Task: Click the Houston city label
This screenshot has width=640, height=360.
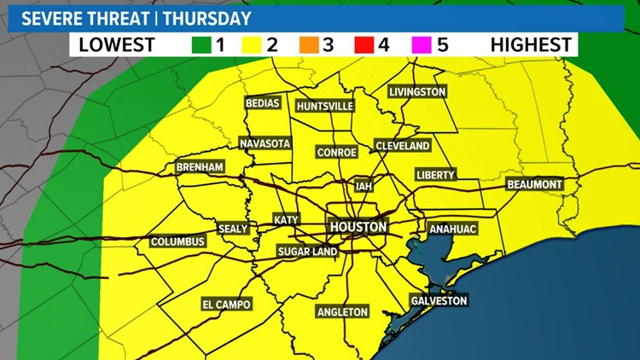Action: click(358, 227)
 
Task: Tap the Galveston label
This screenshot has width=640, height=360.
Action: click(439, 301)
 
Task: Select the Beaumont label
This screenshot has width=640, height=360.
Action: click(534, 184)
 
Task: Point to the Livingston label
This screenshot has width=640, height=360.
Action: click(417, 91)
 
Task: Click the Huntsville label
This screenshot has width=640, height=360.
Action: click(324, 106)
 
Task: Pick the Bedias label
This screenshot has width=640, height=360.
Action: click(262, 102)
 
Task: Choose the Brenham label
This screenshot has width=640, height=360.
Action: click(200, 167)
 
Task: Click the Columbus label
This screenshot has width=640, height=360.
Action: click(178, 241)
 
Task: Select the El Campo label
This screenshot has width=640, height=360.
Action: click(226, 304)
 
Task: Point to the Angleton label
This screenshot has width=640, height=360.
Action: click(342, 311)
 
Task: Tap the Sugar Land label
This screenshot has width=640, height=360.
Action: click(307, 252)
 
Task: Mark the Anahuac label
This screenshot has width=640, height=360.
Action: click(452, 229)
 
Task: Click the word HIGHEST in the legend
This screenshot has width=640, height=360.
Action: click(531, 44)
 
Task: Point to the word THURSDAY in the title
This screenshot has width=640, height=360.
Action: click(214, 18)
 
